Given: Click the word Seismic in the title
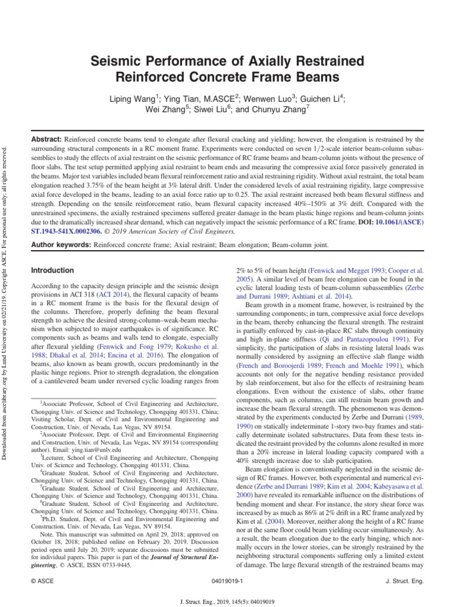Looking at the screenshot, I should point(114,61).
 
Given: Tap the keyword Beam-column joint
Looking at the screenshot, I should point(293,244).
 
